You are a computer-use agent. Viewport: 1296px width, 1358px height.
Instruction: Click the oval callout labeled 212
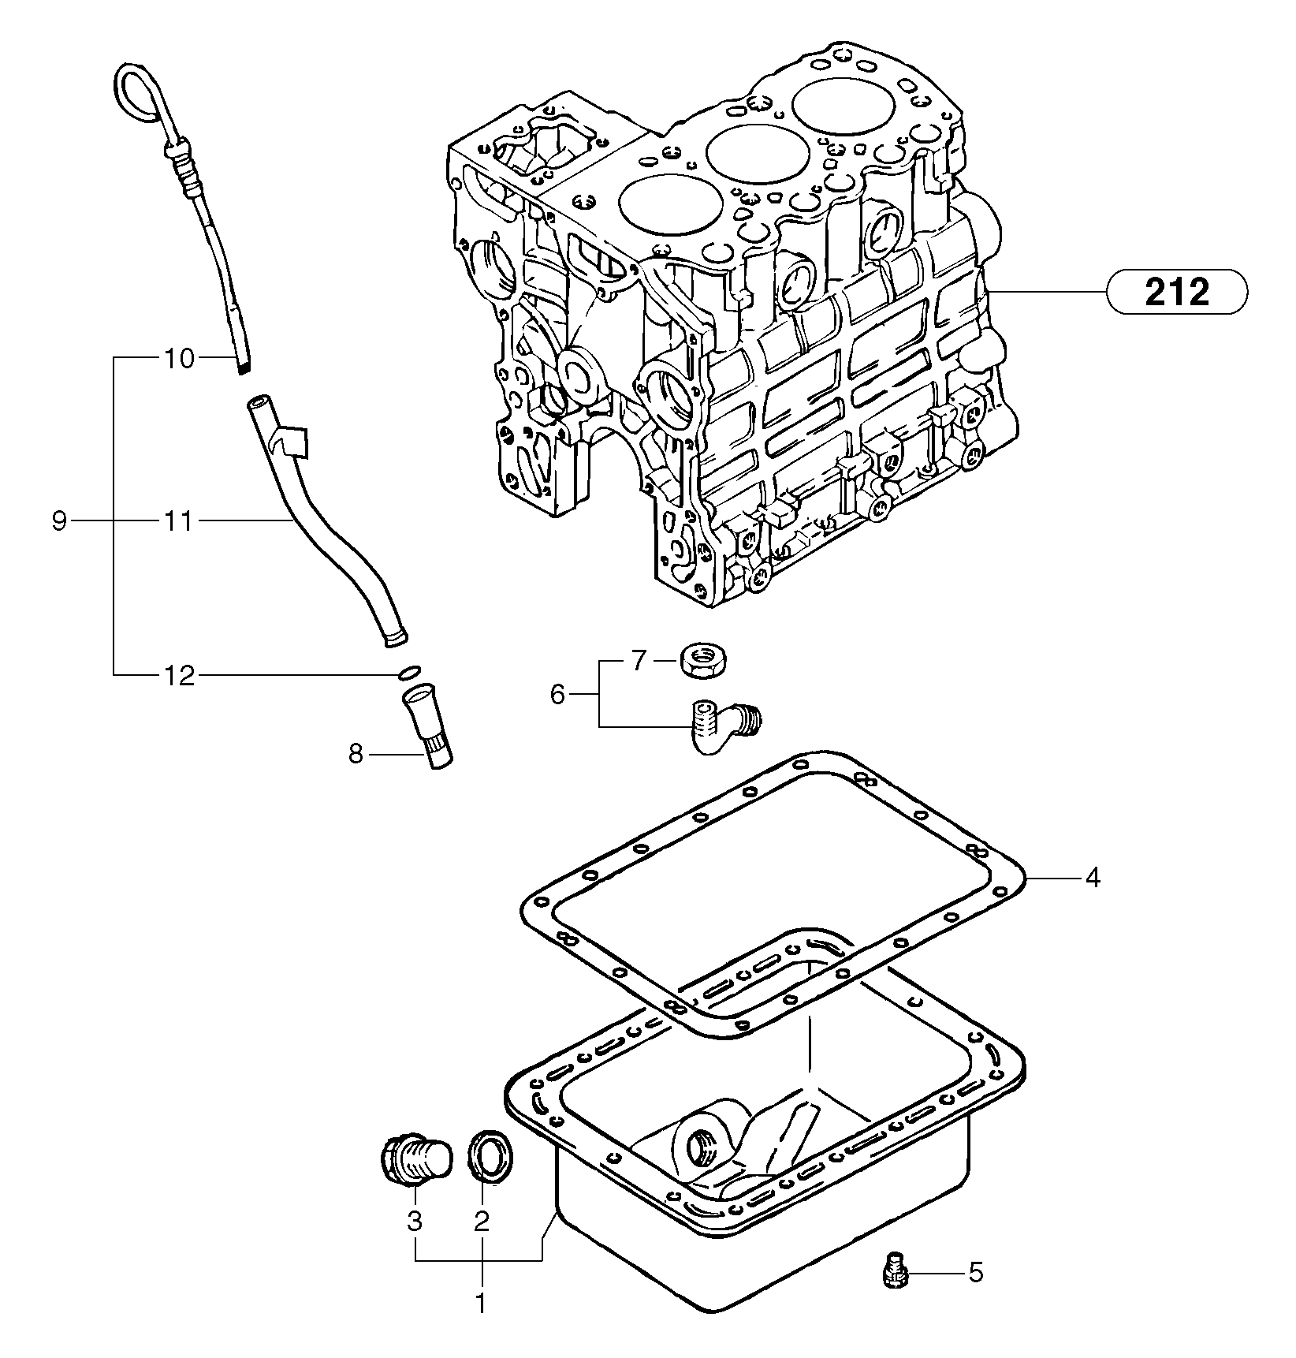point(1176,293)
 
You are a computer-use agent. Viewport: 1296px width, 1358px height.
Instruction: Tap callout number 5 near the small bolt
point(976,1273)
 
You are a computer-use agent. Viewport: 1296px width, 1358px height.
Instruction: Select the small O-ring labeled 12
point(408,672)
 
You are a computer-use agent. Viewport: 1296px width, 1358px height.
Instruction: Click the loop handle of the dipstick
point(139,97)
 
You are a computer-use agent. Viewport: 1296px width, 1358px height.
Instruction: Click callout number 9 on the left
point(59,521)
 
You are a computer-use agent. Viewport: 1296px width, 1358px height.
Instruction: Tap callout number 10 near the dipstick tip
point(179,359)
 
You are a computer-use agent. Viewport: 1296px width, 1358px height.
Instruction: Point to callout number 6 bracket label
point(557,694)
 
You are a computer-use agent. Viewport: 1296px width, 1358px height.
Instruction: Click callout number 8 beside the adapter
point(356,755)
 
